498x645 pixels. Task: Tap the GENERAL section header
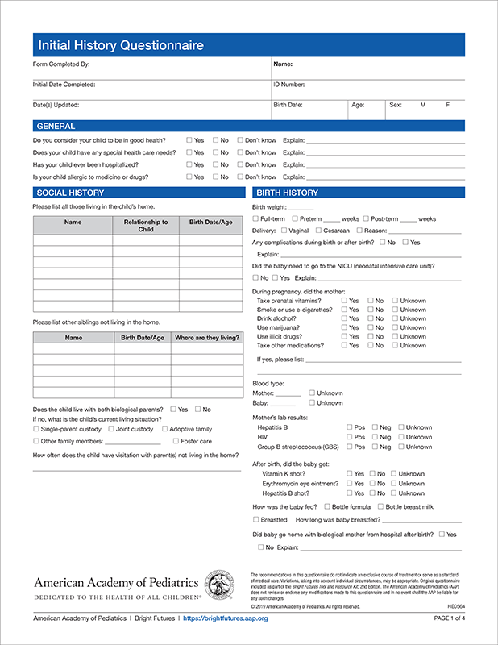point(56,127)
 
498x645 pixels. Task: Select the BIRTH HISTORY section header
point(287,193)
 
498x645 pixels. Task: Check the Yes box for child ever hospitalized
point(189,164)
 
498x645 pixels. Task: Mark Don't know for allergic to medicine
point(240,177)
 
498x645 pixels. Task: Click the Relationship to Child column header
point(146,226)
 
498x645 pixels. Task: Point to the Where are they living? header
point(206,338)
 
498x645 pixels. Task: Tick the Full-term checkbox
point(255,218)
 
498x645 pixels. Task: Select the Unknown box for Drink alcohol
point(395,318)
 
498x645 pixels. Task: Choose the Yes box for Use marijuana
point(344,328)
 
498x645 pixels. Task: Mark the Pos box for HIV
point(350,437)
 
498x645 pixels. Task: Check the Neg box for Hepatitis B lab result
point(375,427)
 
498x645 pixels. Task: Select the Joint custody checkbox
point(111,429)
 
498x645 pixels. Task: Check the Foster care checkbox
point(176,441)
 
